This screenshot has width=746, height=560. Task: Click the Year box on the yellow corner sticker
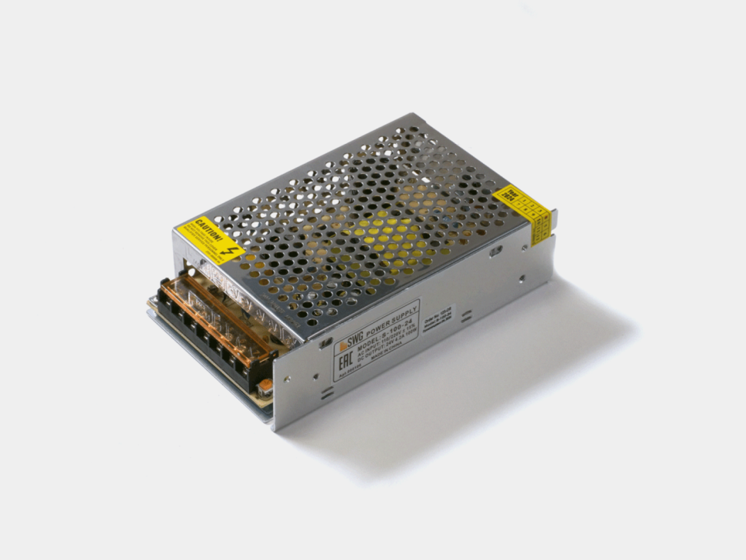pos(508,194)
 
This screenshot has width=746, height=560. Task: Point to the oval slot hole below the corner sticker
pos(496,252)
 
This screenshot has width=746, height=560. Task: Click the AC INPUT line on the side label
pos(388,339)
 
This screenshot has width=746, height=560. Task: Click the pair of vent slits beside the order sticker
pos(467,316)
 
